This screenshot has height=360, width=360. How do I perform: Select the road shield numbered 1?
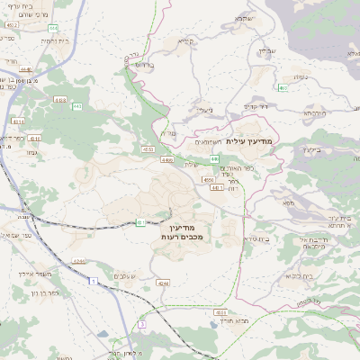[94, 283]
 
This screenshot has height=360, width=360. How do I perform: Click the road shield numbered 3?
[141, 323]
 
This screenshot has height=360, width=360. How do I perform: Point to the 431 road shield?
[140, 222]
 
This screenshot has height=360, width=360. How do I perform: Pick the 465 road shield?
[283, 87]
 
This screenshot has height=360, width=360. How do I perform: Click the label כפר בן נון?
[41, 292]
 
